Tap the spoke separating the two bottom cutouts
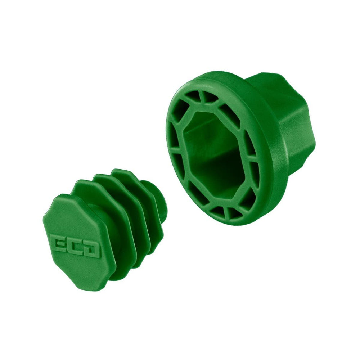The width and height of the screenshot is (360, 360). coord(226,212)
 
